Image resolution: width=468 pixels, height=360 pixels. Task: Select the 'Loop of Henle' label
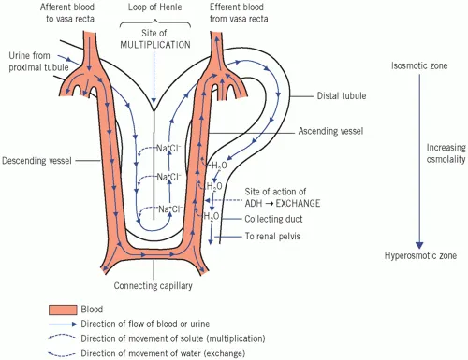151,7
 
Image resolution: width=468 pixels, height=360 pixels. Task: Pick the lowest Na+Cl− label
169,209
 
